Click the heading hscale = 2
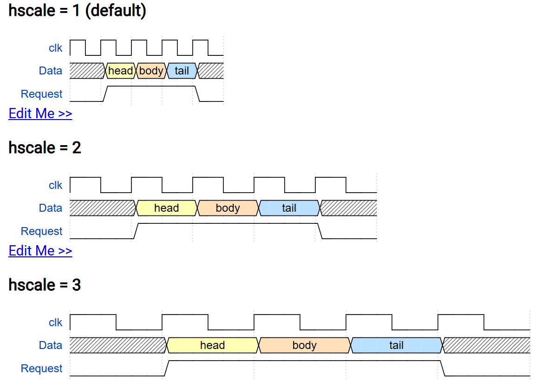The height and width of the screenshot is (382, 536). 45,148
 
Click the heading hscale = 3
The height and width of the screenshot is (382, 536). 45,285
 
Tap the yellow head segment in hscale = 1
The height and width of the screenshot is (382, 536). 120,71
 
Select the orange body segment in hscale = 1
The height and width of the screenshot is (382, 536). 151,71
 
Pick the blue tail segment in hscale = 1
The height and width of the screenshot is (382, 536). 182,71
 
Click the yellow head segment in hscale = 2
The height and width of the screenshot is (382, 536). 166,208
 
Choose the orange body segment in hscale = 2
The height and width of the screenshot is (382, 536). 228,208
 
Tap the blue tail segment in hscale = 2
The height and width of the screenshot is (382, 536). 289,208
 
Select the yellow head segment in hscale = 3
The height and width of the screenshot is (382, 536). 212,345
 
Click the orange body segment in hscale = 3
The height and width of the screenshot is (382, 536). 304,345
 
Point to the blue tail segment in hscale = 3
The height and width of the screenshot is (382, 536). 396,345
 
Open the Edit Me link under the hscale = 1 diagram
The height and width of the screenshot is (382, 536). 40,114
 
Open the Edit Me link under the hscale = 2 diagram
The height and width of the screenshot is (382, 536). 40,251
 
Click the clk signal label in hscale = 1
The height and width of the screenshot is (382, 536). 55,48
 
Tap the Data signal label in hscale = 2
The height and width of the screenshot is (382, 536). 51,208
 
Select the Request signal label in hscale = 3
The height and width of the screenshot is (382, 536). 41,369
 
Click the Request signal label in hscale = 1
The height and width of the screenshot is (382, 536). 41,94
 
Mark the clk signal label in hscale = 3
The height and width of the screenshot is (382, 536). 55,322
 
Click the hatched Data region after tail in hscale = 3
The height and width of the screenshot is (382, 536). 487,345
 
